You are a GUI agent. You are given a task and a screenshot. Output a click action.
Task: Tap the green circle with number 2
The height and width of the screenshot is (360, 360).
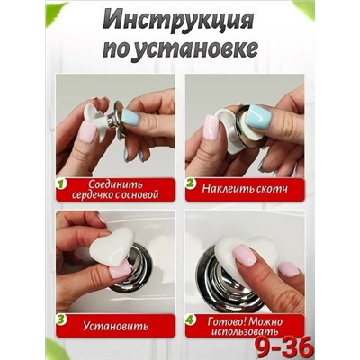click(x=192, y=184)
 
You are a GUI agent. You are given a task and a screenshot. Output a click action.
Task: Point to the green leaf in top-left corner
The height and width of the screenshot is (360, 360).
click(x=56, y=11)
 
